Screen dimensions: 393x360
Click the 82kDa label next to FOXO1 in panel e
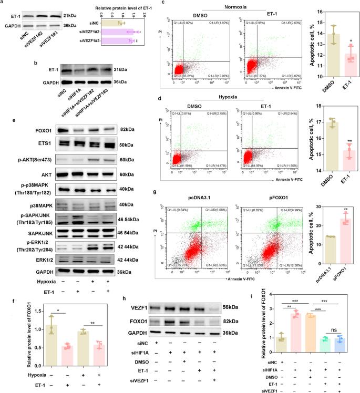tap(126, 129)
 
